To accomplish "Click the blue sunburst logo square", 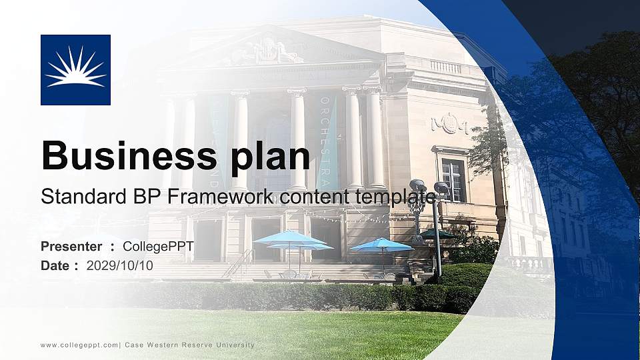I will click(x=75, y=70).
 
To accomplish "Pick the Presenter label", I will click(x=71, y=247).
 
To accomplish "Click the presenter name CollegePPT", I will click(x=158, y=247).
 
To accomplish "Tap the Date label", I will click(x=55, y=265).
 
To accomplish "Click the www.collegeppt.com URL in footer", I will click(x=79, y=345).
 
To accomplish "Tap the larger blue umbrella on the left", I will click(x=290, y=238).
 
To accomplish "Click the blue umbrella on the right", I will click(x=382, y=245).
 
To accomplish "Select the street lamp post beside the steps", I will click(x=438, y=233).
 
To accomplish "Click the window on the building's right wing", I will click(x=453, y=179).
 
